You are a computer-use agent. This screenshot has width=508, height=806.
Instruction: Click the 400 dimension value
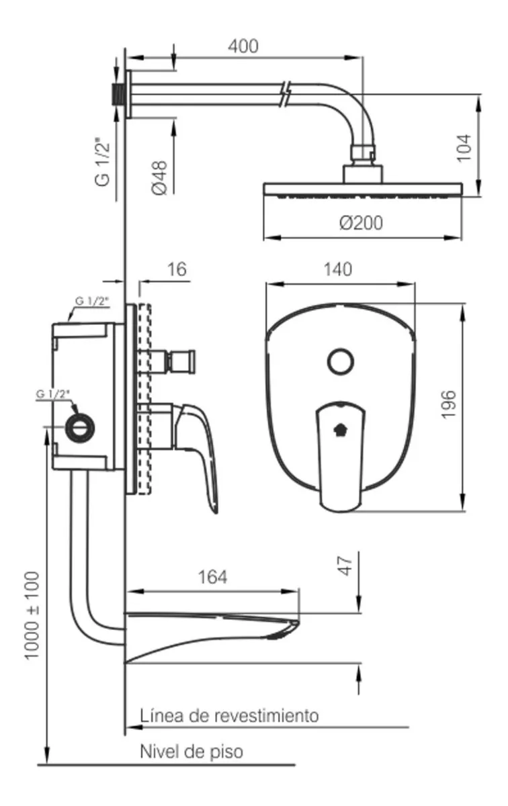tap(243, 46)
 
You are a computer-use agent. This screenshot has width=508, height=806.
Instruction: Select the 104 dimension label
tap(464, 147)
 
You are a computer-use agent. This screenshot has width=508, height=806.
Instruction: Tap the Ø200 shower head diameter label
tap(362, 222)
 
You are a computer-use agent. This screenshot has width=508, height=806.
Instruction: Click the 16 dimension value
tap(177, 270)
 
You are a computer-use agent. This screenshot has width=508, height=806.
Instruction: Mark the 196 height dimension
tap(450, 404)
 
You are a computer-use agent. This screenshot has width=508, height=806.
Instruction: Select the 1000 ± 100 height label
tap(32, 615)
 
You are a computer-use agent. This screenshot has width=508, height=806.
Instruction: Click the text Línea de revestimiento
tap(229, 715)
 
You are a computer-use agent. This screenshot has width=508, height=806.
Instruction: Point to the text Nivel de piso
tap(191, 751)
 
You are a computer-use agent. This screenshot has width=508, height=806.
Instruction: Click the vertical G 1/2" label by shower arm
tap(102, 162)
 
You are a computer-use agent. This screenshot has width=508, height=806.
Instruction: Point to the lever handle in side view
tap(203, 450)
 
